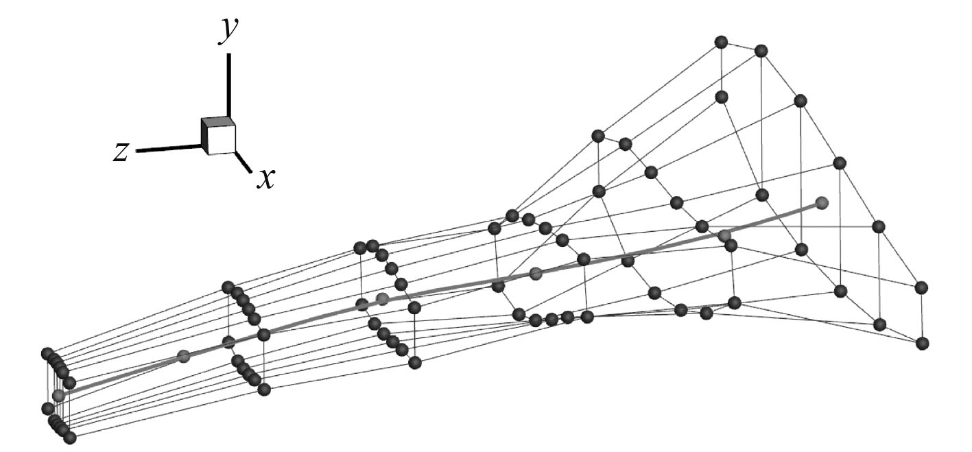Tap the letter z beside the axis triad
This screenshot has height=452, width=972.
point(121,152)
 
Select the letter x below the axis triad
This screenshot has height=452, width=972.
point(265,179)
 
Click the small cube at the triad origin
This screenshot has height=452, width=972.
point(218,135)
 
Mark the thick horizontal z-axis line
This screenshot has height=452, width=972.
point(169,148)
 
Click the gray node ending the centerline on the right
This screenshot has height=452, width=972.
point(822,203)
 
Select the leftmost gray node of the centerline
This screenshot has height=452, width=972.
point(58,395)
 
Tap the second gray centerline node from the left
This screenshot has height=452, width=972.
point(183,356)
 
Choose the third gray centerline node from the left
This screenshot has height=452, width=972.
point(383,298)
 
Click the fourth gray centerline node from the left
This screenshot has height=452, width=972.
point(536,273)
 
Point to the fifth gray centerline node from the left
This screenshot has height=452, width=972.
point(725,235)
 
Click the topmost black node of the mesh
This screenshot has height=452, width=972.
point(720,42)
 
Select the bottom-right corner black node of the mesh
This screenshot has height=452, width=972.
point(922,342)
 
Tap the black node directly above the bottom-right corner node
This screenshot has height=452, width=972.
point(922,287)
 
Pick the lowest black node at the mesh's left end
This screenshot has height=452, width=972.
point(69,437)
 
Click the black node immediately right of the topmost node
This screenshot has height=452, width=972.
point(760,51)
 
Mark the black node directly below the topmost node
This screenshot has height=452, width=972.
point(721,97)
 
